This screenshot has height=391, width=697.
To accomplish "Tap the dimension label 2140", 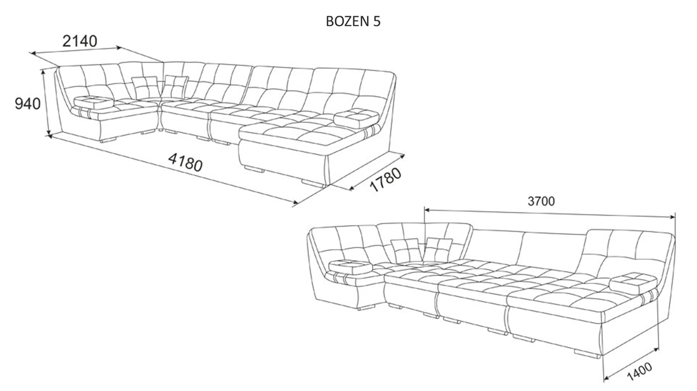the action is (79, 41).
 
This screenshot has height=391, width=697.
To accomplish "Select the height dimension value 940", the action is (28, 104).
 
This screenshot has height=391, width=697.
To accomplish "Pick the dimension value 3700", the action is (541, 201).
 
